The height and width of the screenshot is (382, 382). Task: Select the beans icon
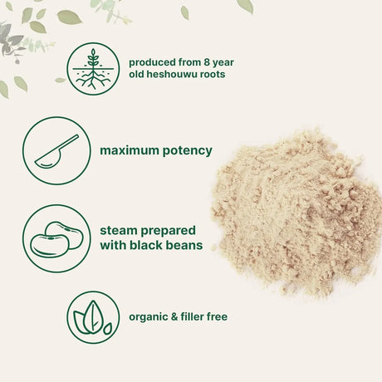(57, 238)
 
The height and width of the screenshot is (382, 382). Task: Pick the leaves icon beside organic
(93, 316)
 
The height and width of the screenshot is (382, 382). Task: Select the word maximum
(130, 151)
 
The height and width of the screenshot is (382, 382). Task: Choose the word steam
(120, 230)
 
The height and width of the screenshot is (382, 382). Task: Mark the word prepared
(173, 230)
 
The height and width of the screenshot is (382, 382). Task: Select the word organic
(148, 316)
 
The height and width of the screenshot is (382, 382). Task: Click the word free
(218, 316)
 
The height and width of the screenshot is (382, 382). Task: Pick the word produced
(153, 61)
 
